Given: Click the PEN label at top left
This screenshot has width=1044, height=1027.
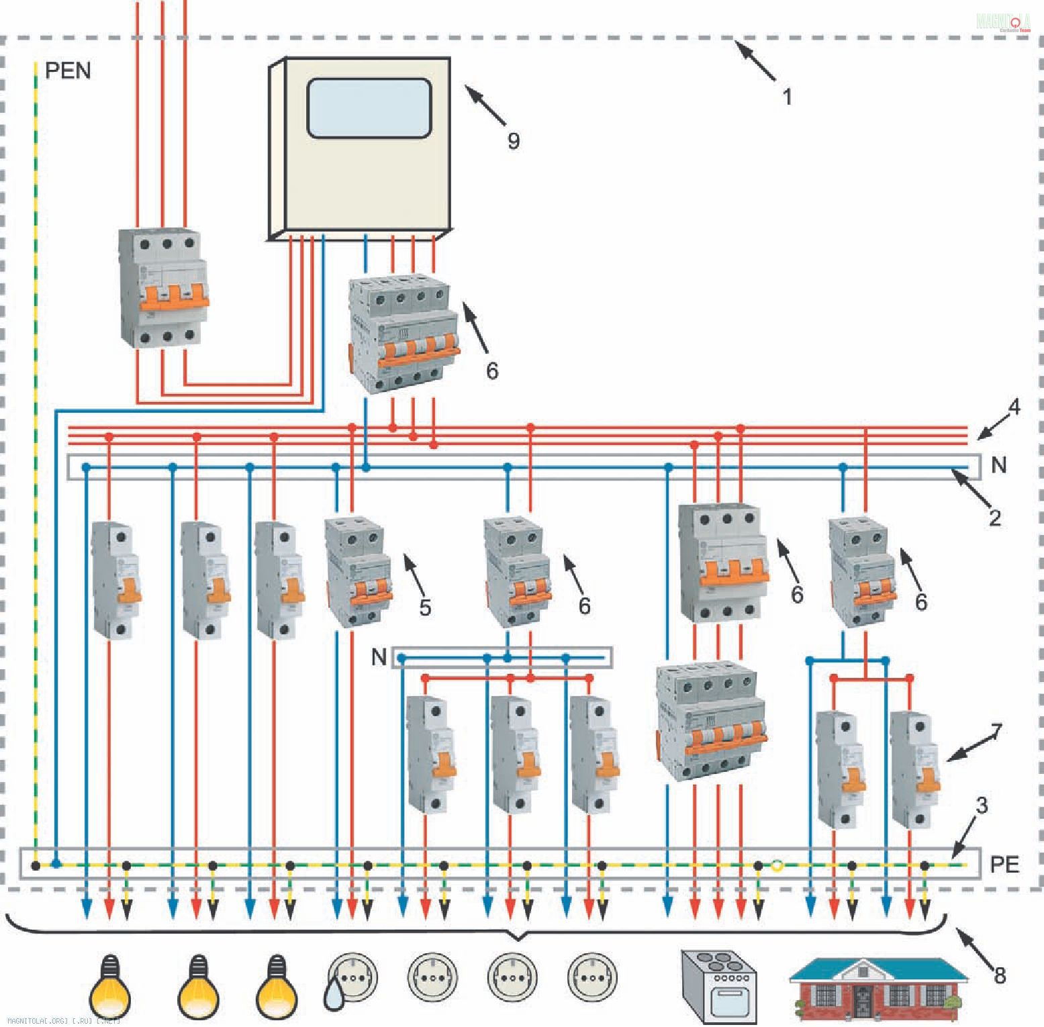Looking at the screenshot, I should point(68,70).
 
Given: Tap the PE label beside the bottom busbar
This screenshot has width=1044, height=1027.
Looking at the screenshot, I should point(1004,865).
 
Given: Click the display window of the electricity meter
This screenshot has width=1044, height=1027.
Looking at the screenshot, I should point(369,108).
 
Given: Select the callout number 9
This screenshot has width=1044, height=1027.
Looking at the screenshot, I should point(514,141).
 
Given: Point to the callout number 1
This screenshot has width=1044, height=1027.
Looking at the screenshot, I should point(788,97).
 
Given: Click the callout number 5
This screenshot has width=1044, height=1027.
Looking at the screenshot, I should point(425,607).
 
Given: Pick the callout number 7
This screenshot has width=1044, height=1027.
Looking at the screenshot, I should point(996,732).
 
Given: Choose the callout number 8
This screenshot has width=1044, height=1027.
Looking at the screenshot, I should point(1000,975).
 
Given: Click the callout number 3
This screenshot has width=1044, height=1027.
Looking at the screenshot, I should point(982,805).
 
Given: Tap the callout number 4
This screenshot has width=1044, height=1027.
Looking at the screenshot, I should point(1014,407).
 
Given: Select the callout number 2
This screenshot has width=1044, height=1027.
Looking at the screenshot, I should point(995,517).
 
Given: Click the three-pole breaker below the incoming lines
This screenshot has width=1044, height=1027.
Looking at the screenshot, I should point(164,289).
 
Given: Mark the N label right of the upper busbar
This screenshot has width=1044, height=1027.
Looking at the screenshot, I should point(998,465).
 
